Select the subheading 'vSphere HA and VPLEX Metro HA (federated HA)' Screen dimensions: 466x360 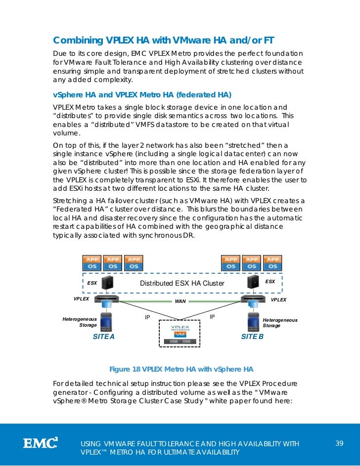pos(142,95)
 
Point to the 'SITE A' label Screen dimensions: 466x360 pos(103,337)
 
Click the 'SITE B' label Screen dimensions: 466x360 pos(252,337)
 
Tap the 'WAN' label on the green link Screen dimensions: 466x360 pos(180,301)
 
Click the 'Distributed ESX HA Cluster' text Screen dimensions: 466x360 pos(182,283)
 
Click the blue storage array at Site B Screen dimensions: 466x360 pos(253,321)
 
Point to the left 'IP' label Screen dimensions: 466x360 pos(147,316)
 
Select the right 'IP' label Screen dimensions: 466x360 pos(212,316)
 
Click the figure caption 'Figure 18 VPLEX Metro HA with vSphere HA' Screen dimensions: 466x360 pos(181,369)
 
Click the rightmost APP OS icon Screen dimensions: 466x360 pos(272,263)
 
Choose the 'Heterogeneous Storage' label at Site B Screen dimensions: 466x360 pos(280,323)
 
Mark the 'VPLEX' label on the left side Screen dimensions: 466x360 pos(81,299)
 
